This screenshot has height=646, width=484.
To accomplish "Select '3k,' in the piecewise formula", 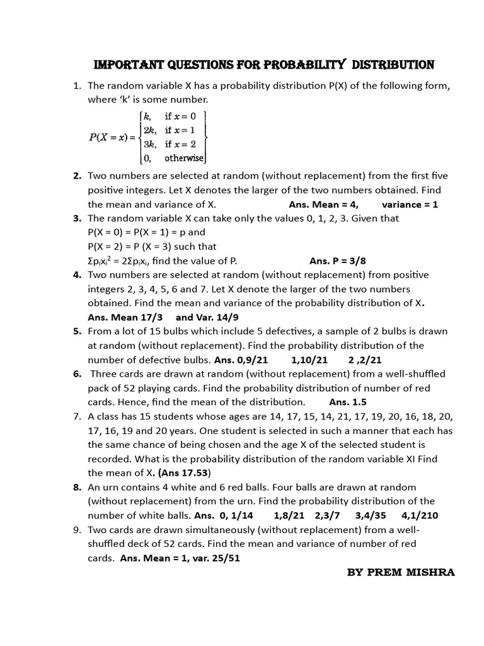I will pos(151,144).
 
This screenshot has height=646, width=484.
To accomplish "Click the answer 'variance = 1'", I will pos(410,204).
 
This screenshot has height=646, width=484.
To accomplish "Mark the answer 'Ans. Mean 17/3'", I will pos(127,317).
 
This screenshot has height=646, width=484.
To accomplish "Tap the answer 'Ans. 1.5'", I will pos(348,402).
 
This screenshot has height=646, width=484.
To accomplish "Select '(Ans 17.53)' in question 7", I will pos(184,473).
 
